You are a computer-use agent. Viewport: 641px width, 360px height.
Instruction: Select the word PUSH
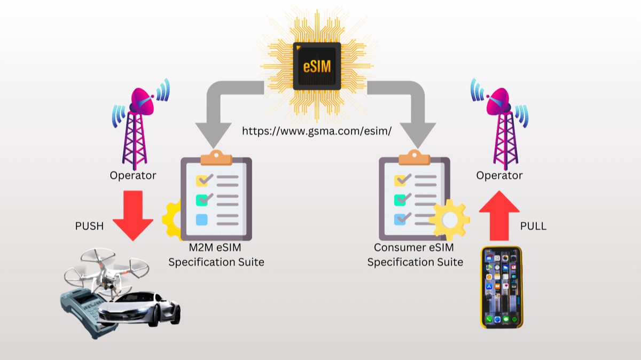[89, 226]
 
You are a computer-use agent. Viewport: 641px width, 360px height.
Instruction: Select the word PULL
[533, 226]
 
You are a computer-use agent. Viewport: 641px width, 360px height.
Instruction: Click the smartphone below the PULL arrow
[501, 287]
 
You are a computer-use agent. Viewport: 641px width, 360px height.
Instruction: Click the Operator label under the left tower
[133, 175]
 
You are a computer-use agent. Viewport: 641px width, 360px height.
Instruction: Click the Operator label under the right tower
[499, 175]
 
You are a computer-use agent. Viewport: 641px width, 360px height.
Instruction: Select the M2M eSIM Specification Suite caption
[216, 255]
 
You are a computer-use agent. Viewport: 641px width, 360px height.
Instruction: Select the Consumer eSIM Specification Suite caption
[415, 255]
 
